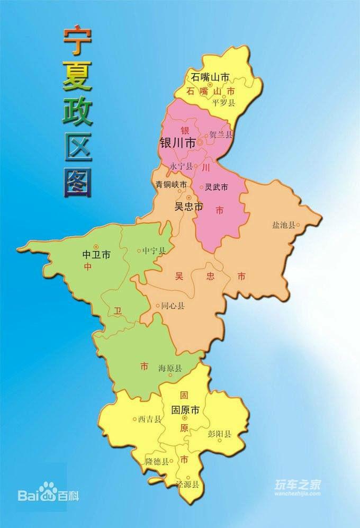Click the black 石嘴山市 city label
tap(211, 77)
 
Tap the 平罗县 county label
tap(223, 103)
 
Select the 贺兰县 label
tap(221, 135)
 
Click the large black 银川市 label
tap(177, 143)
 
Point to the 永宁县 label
tap(181, 166)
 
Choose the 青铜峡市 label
tap(170, 185)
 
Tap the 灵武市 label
tap(217, 187)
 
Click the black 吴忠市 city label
tap(189, 207)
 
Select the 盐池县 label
tap(283, 225)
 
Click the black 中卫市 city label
tap(97, 255)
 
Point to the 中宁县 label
tap(154, 250)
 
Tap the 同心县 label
tap(173, 306)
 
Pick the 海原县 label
tap(170, 368)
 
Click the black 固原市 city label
tap(185, 409)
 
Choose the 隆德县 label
tap(157, 461)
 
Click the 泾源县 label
tap(188, 485)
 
